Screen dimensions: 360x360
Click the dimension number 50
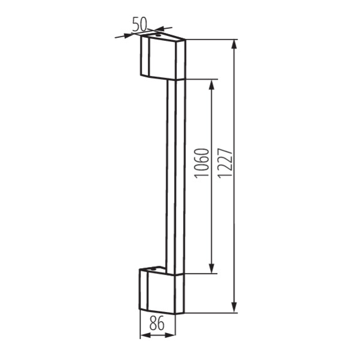140,24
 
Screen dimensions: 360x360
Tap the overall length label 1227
225,163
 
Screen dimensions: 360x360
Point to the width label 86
157,324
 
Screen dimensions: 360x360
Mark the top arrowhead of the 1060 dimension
211,83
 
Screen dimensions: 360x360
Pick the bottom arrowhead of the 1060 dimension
211,269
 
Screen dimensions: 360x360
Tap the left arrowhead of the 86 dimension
143,335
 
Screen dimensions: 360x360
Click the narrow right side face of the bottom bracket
180,294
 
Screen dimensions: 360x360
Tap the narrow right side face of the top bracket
180,60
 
